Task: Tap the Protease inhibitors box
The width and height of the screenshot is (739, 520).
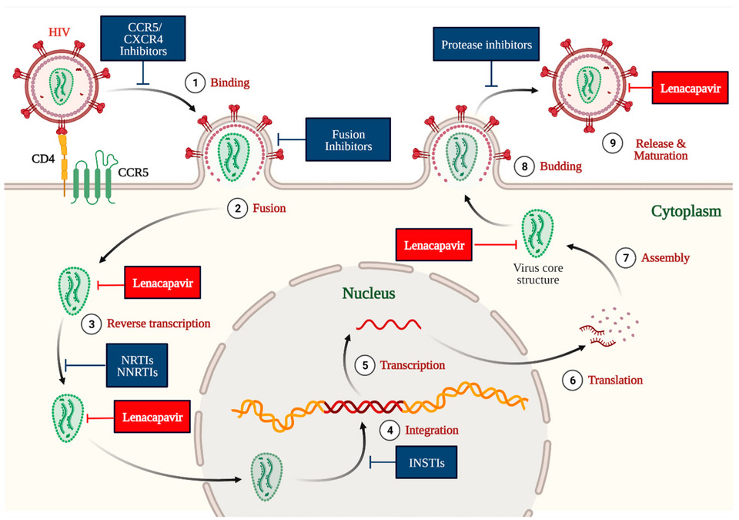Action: tap(487, 45)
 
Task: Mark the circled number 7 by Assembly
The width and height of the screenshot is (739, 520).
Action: tap(627, 258)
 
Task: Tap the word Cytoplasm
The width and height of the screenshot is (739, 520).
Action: tap(683, 210)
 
